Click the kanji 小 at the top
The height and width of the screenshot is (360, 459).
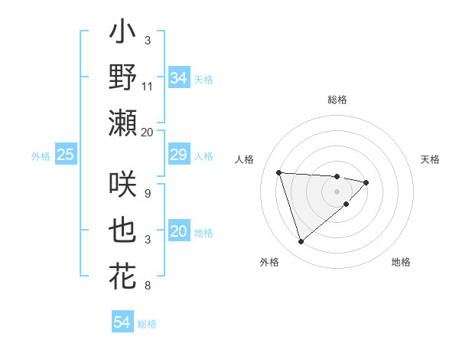123,34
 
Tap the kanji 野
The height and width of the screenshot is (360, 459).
123,77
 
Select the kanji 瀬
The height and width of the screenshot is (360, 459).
123,123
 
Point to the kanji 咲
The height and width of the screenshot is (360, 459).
123,186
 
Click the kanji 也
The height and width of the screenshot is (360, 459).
123,231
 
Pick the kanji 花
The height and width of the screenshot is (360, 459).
123,276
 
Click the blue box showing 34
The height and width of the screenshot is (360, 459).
179,77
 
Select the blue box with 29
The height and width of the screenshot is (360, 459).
179,155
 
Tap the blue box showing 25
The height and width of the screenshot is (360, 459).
65,155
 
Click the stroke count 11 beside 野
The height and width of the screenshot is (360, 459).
148,86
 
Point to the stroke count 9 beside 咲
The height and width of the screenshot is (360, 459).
148,194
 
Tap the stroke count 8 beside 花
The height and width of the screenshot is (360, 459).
148,286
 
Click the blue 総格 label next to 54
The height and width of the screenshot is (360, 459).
147,324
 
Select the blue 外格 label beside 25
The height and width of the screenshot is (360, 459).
41,156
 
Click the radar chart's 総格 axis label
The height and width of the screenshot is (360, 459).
337,100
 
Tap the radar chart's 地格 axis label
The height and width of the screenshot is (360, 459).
401,263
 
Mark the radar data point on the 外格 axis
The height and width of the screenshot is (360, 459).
301,242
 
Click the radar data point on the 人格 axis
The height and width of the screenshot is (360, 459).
279,172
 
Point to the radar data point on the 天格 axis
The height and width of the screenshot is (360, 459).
366,182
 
